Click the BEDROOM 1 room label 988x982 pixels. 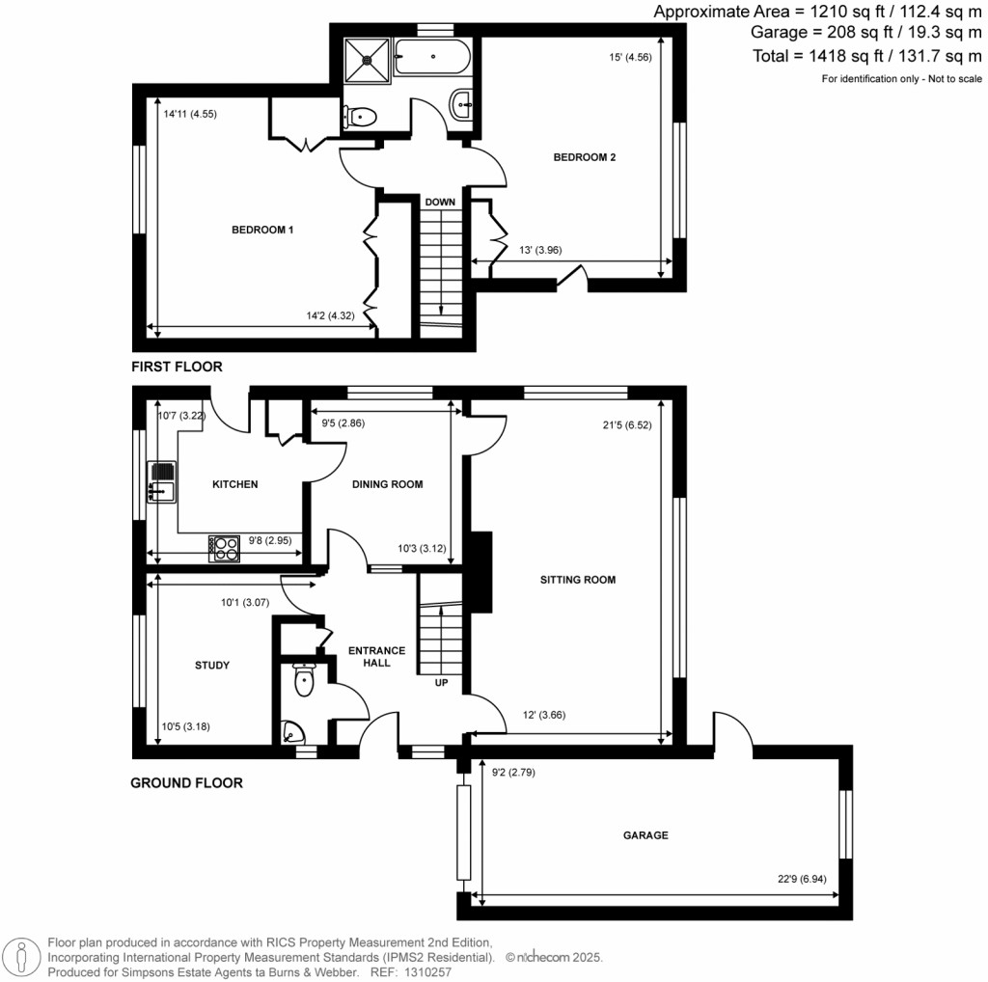[x=262, y=230]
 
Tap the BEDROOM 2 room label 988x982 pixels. [x=584, y=157]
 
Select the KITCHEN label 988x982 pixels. [x=235, y=484]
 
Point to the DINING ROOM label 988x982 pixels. [x=388, y=484]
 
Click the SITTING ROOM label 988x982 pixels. [x=579, y=580]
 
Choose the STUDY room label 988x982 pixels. [x=212, y=665]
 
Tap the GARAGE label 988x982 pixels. [x=645, y=835]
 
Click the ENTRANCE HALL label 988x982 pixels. [x=376, y=656]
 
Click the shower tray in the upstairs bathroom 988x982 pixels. [x=367, y=57]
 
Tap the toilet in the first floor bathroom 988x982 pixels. [x=359, y=118]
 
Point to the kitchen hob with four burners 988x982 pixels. [x=224, y=548]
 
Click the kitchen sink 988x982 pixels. [x=160, y=481]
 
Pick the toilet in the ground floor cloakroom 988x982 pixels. [x=303, y=681]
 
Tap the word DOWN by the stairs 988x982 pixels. [x=440, y=203]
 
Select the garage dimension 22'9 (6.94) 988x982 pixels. [x=802, y=879]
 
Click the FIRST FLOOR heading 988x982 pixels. [x=178, y=367]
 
